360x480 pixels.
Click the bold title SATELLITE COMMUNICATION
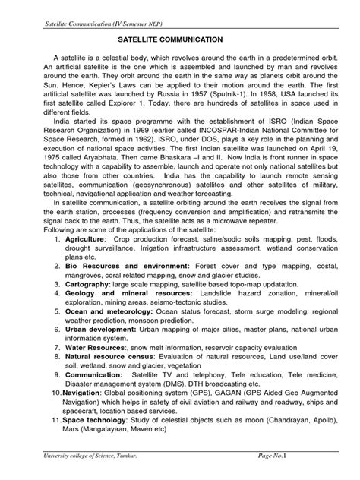click(181, 37)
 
